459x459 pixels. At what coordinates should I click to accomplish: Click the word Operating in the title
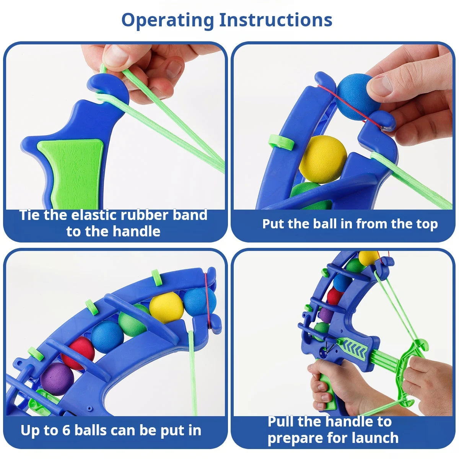[x=167, y=20]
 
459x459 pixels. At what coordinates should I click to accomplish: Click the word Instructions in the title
[x=276, y=20]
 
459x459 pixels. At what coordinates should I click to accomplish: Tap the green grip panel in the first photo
[x=71, y=168]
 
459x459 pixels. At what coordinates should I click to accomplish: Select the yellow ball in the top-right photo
[x=323, y=159]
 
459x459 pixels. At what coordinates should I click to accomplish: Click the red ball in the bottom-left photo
[x=78, y=352]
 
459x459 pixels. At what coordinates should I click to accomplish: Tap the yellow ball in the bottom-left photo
[x=166, y=307]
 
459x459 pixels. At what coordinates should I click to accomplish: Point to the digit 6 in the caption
[x=66, y=430]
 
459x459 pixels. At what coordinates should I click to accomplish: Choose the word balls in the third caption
[x=90, y=430]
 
